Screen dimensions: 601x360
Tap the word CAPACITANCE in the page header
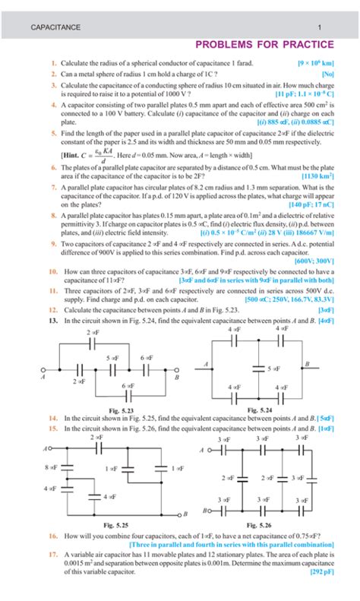coord(55,27)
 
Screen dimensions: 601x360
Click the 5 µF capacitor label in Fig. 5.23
coord(112,357)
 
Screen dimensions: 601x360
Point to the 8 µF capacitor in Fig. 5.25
coord(65,468)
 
